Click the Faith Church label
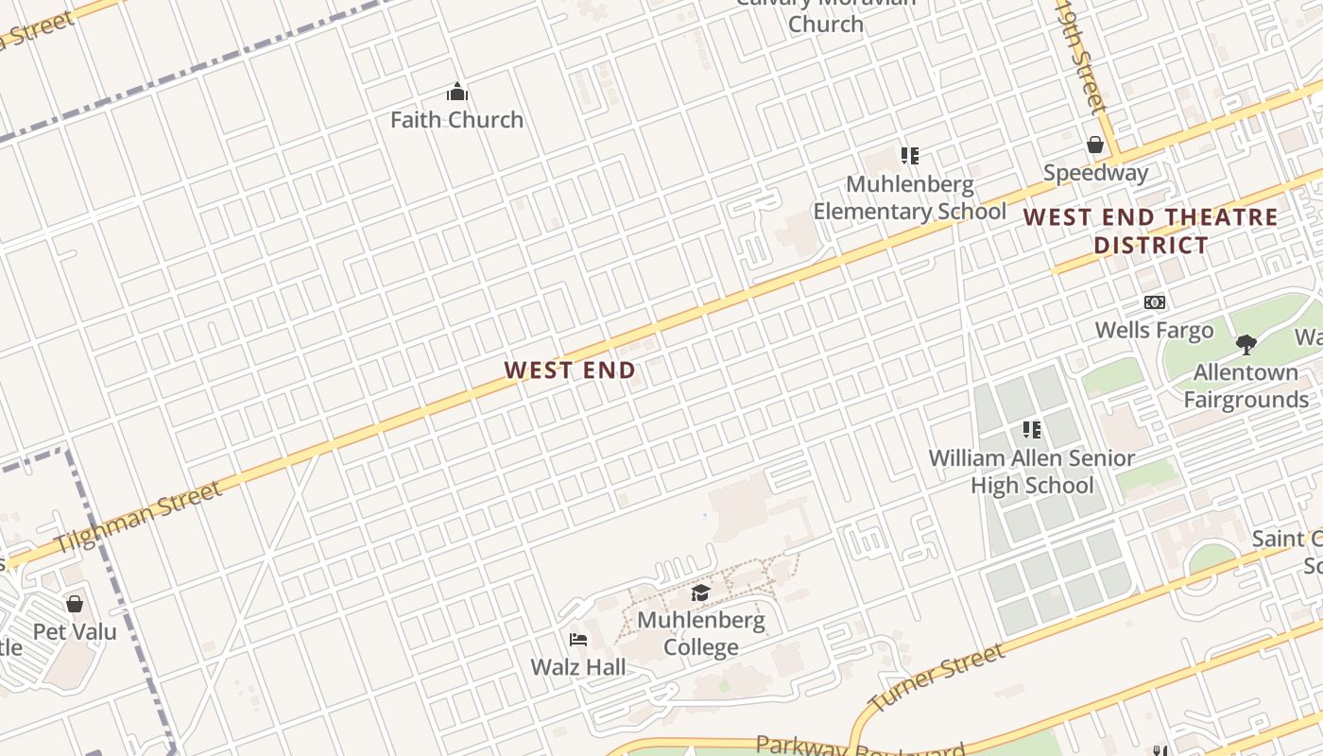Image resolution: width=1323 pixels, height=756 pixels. pos(456,120)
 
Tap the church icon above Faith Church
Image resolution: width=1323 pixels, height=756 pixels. pos(457,92)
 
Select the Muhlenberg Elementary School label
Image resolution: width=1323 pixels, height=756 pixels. pos(910,198)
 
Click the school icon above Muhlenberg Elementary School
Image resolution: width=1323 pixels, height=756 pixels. pos(909,155)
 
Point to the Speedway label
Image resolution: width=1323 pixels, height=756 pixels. pos(1095,173)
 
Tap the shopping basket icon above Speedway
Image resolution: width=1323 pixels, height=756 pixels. pos(1095,145)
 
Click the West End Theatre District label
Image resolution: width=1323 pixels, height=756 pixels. pos(1151,231)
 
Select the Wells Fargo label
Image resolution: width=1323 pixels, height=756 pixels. pos(1154,330)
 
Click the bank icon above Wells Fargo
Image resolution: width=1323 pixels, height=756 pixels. pos(1154,302)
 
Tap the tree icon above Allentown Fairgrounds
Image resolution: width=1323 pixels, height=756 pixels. pos(1246,344)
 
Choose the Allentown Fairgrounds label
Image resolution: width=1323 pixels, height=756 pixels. pos(1246,386)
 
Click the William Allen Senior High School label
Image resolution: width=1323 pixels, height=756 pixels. pos(1032,472)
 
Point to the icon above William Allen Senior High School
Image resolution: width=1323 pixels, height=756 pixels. pos(1031,430)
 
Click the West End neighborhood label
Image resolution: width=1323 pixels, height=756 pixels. pos(570,370)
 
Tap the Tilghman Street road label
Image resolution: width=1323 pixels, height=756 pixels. pos(139,517)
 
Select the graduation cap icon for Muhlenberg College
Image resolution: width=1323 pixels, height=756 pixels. pos(700,593)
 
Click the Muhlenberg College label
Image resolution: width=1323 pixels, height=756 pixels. pos(700,634)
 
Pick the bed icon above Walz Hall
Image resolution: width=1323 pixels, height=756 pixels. pos(578,640)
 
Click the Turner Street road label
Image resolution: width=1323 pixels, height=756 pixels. pos(936,678)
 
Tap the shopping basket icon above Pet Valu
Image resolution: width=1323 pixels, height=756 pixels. pos(75,603)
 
